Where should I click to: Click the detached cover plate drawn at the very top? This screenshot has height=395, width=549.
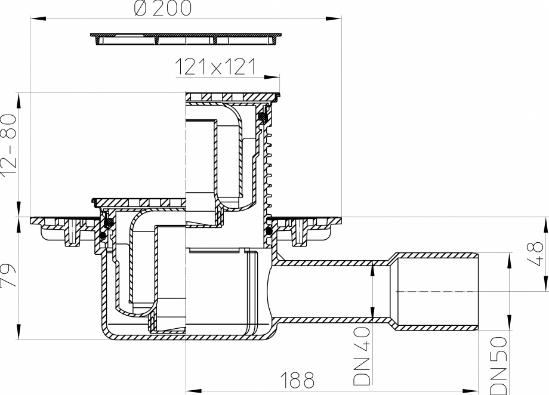186,39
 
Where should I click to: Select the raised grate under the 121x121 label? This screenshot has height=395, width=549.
232,97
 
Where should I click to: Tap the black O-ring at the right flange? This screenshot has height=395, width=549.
269,230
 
